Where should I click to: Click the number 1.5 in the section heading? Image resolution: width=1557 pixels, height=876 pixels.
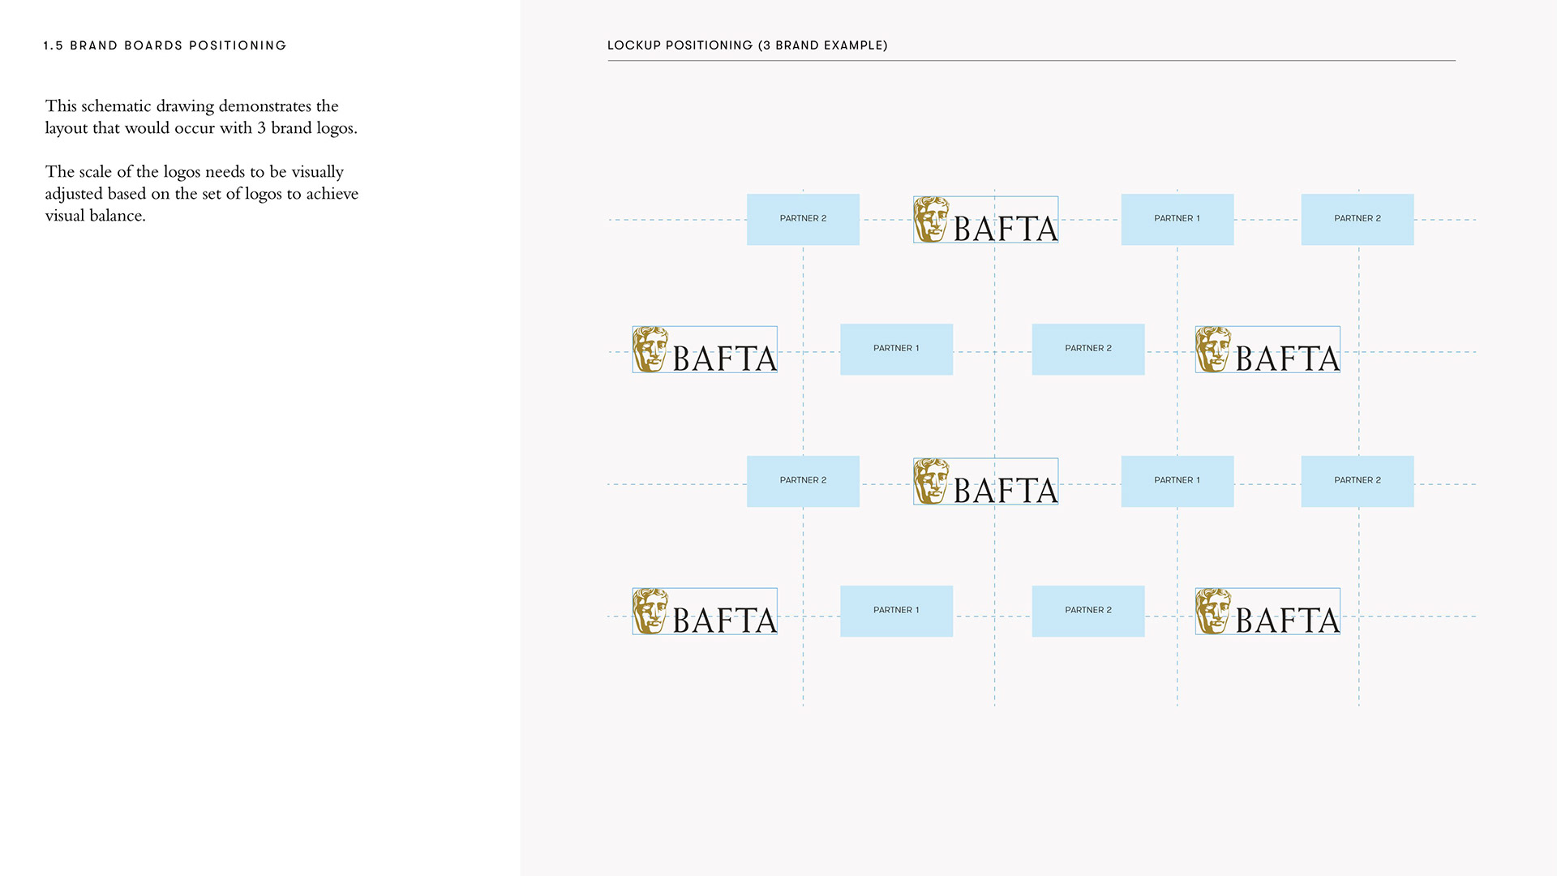pyautogui.click(x=54, y=46)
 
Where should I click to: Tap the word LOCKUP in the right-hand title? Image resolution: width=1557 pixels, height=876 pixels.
pyautogui.click(x=634, y=46)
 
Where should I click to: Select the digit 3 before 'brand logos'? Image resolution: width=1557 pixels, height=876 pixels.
pyautogui.click(x=261, y=128)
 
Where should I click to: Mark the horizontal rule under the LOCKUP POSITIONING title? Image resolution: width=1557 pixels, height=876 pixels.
pyautogui.click(x=1031, y=61)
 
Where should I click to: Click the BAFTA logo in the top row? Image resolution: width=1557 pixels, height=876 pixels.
pyautogui.click(x=985, y=220)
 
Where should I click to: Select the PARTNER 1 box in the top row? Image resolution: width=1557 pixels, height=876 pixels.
pyautogui.click(x=1177, y=219)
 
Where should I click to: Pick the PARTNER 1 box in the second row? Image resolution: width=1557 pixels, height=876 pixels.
pyautogui.click(x=896, y=350)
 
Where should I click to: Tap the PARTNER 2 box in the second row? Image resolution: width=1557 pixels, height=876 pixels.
pyautogui.click(x=1087, y=350)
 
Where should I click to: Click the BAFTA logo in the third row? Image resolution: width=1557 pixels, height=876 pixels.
pyautogui.click(x=985, y=482)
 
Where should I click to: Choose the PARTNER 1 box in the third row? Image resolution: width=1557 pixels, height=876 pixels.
pyautogui.click(x=1177, y=481)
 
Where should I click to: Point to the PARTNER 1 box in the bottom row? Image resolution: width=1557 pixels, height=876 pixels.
pyautogui.click(x=896, y=612)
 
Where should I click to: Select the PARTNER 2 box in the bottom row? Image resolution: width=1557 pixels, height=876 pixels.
pyautogui.click(x=1087, y=612)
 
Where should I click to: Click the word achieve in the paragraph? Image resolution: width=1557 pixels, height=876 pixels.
pyautogui.click(x=332, y=194)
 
